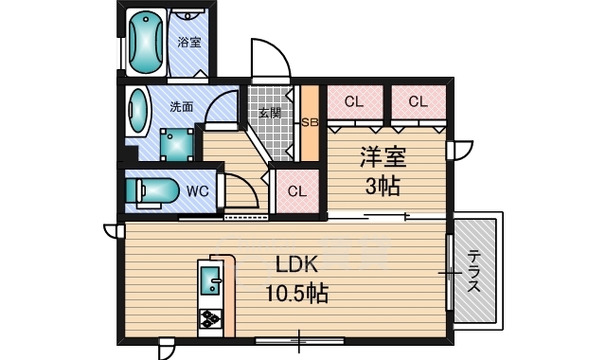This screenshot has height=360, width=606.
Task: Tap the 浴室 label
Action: coord(189,42)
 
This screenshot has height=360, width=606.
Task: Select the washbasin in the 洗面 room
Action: coord(136,111)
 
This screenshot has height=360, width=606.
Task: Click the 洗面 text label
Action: coord(181,107)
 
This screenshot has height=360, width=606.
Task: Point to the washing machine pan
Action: coord(177,144)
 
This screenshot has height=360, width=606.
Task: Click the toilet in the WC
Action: coord(151,191)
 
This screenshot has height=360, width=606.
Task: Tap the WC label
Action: coord(198,191)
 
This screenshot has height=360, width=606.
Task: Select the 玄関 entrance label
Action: coord(270,114)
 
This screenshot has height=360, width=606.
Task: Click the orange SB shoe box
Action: coord(310,122)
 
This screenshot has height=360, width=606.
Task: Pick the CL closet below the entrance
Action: coord(297,191)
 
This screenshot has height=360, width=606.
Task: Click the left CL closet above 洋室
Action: coord(355,101)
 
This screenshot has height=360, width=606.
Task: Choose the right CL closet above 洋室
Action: coord(419,101)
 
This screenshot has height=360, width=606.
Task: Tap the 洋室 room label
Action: coord(383,157)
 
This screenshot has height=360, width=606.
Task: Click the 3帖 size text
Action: coord(383,186)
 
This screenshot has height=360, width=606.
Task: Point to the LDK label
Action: coord(296,265)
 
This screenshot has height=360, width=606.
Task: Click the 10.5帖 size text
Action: coord(296,294)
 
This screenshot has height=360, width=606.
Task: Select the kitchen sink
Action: coord(210,280)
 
